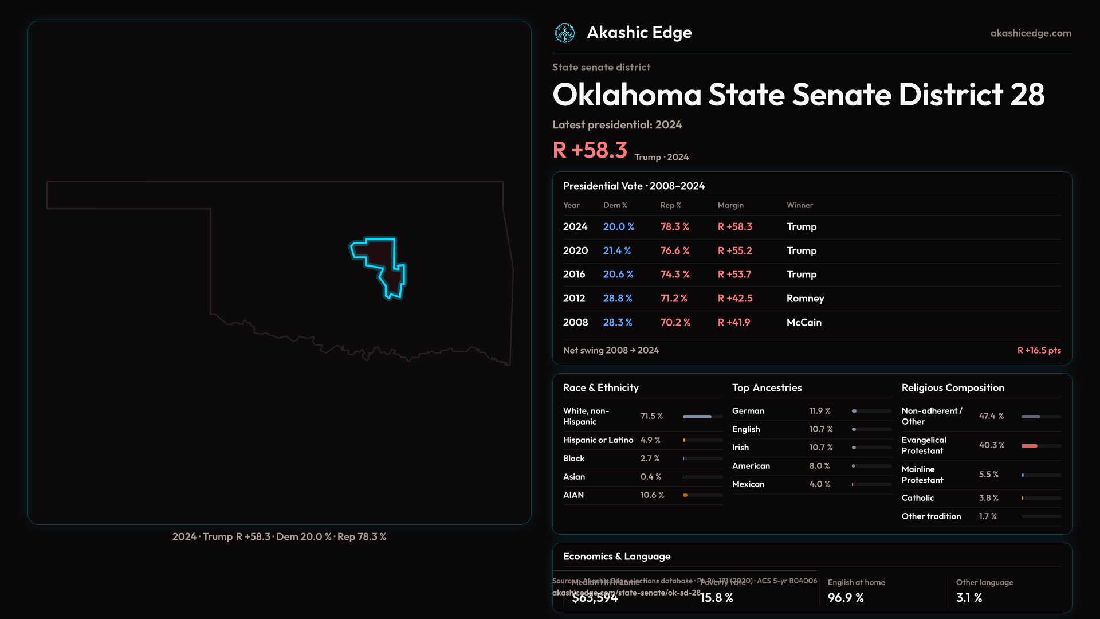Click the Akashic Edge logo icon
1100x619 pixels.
pyautogui.click(x=565, y=33)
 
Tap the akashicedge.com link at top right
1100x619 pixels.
pyautogui.click(x=1031, y=33)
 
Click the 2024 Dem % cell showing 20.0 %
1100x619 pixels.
pyautogui.click(x=619, y=227)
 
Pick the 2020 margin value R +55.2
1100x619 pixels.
pyautogui.click(x=734, y=251)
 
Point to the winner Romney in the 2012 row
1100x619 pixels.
pyautogui.click(x=805, y=299)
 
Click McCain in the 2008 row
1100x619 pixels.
pyautogui.click(x=804, y=323)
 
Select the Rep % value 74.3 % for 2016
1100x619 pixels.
pyautogui.click(x=675, y=275)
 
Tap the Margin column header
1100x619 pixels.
pyautogui.click(x=730, y=205)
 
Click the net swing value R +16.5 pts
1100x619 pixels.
pyautogui.click(x=1039, y=351)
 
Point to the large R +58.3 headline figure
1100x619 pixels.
pyautogui.click(x=590, y=150)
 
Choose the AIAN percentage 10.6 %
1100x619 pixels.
pyautogui.click(x=652, y=495)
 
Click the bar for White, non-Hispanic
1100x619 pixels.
pyautogui.click(x=697, y=417)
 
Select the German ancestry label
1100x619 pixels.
pyautogui.click(x=748, y=411)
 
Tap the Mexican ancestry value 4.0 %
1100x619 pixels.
pyautogui.click(x=819, y=484)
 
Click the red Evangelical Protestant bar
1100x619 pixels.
pyautogui.click(x=1030, y=446)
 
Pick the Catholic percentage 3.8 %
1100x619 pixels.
pyautogui.click(x=988, y=498)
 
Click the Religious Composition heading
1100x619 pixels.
pyautogui.click(x=953, y=388)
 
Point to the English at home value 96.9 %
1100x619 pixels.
pyautogui.click(x=846, y=598)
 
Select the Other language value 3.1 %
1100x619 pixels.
pyautogui.click(x=969, y=598)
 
